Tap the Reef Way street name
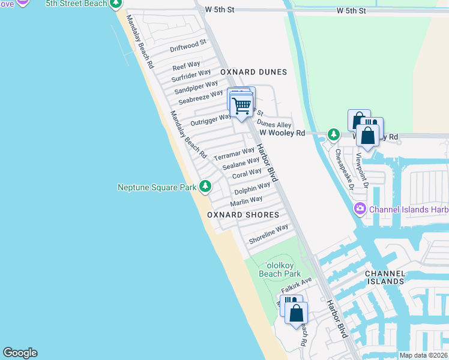(x=186, y=65)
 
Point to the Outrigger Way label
(x=211, y=119)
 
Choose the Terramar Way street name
(x=234, y=153)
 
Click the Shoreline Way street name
(x=268, y=234)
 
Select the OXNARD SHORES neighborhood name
(x=243, y=215)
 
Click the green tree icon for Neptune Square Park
(x=205, y=187)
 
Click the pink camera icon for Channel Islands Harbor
(x=360, y=209)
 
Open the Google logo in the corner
(x=20, y=353)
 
